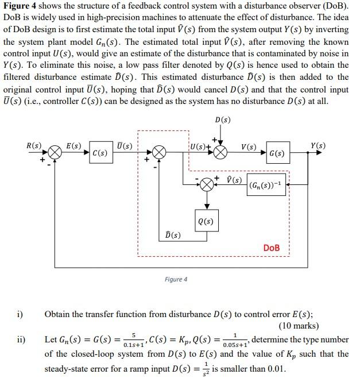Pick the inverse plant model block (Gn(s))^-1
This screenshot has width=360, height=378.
[x=266, y=186]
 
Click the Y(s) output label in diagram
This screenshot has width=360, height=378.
[x=317, y=145]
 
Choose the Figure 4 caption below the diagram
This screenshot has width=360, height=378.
[x=176, y=280]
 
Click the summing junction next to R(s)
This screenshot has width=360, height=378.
[x=55, y=152]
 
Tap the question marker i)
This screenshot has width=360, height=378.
[x=20, y=314]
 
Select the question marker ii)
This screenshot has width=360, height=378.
[x=21, y=339]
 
